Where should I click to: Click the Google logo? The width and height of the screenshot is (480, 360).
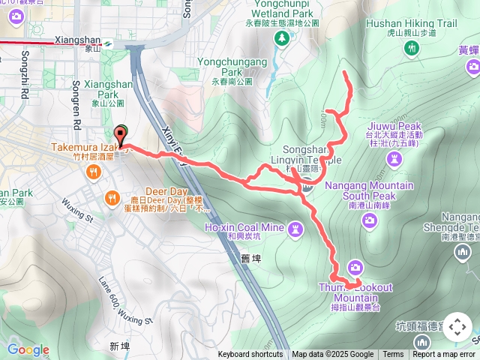(x=28, y=349)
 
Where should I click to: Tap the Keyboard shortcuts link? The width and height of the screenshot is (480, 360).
(x=250, y=355)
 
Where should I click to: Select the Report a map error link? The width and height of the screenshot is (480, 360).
(x=445, y=355)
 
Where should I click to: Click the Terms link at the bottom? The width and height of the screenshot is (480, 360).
(x=393, y=355)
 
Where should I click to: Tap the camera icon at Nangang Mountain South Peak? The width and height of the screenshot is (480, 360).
(x=369, y=220)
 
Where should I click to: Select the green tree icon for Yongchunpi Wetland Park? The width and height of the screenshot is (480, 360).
(x=283, y=37)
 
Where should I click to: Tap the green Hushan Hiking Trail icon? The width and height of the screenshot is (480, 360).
(x=411, y=48)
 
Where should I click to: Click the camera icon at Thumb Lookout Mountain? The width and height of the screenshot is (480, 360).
(x=355, y=267)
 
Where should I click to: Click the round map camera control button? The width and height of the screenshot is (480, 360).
(x=457, y=327)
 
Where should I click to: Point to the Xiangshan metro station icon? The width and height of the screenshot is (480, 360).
(x=109, y=43)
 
